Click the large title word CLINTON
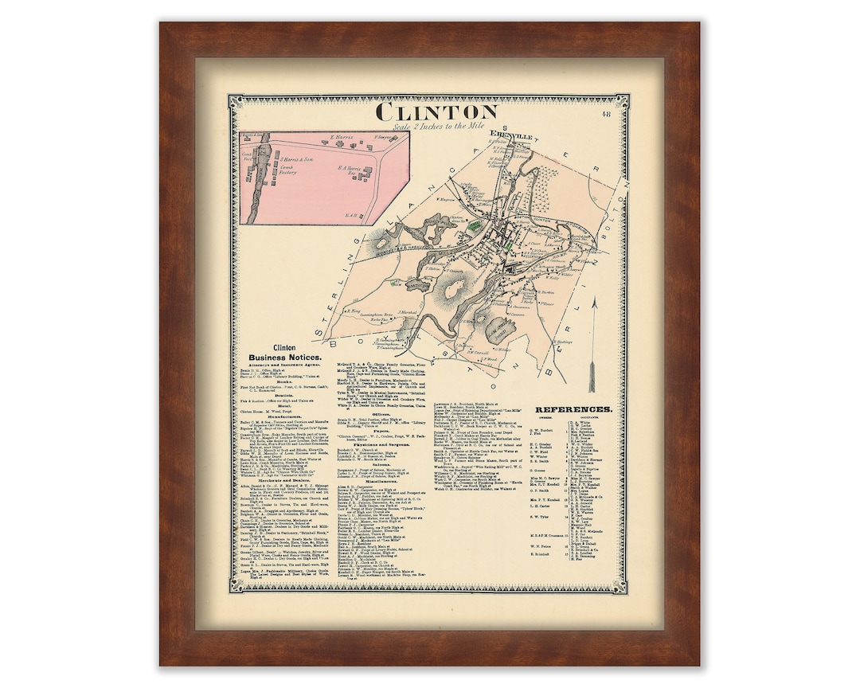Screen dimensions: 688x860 [x=436, y=111]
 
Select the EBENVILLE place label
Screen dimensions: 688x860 [x=510, y=135]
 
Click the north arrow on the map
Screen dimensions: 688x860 [x=592, y=342]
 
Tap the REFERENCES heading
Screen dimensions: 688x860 [x=573, y=409]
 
